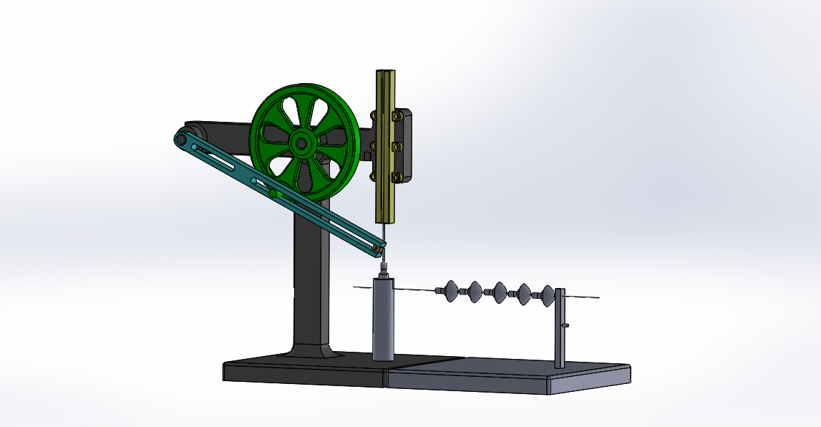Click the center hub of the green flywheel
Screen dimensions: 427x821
[302, 144]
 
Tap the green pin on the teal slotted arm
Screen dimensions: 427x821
[273, 193]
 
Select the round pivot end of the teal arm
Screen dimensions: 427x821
[180, 138]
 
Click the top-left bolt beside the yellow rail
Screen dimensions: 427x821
[372, 114]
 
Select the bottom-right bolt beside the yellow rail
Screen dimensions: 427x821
[399, 176]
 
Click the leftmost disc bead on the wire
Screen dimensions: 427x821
[452, 290]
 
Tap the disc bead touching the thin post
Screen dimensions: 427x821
[548, 294]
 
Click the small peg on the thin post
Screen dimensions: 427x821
[566, 326]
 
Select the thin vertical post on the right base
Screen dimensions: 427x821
[560, 330]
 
